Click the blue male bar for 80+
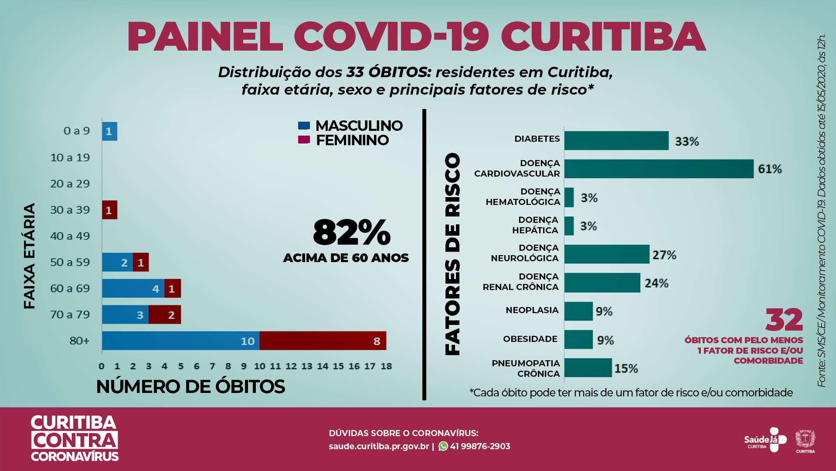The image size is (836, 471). [180, 341]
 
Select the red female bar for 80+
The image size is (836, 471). [323, 341]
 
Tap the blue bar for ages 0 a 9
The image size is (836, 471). [109, 131]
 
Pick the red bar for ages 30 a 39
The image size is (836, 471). [109, 210]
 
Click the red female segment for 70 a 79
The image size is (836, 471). [165, 314]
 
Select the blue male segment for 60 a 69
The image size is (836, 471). [133, 288]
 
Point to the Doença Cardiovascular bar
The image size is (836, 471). [659, 169]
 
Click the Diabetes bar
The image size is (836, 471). [616, 140]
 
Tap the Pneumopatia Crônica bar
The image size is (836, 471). [588, 368]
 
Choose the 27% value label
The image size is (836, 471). [664, 255]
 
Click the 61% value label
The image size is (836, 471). [770, 169]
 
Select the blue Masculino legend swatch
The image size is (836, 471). [304, 126]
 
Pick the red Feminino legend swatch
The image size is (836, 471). [304, 140]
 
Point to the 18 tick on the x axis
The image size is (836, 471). [386, 366]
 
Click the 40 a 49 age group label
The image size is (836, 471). [70, 236]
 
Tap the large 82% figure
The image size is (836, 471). [351, 232]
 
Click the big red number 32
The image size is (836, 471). [784, 320]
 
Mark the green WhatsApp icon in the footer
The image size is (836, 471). [443, 446]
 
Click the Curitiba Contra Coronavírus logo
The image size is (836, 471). [75, 438]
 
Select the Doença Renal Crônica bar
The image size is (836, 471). [602, 283]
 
